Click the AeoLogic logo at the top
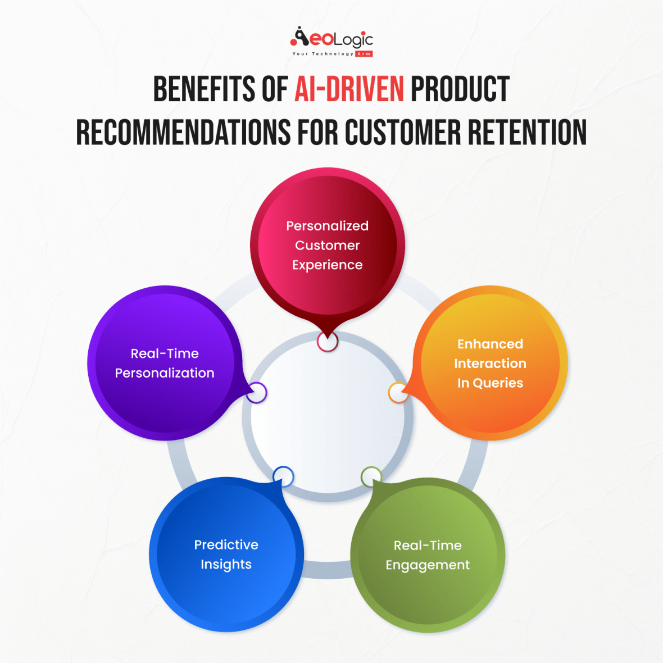tap(331, 41)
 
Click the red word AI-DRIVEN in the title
tap(349, 90)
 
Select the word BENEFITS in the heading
tap(204, 90)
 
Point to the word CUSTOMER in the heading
tap(403, 133)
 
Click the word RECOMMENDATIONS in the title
tap(184, 133)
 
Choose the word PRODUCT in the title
tap(460, 90)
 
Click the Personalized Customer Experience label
tap(328, 245)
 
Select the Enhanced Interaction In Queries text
tap(490, 364)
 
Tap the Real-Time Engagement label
tap(428, 555)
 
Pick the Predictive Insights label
tap(226, 555)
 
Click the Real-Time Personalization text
tap(165, 363)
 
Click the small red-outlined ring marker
tap(328, 341)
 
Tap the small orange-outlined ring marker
tap(398, 393)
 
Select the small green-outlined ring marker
tap(371, 477)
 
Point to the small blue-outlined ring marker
tap(283, 476)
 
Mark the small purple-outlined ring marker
tap(256, 393)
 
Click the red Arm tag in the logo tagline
tap(364, 54)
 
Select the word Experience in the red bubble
tap(328, 265)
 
